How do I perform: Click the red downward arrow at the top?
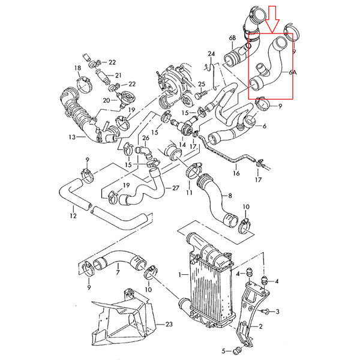(x=272, y=20)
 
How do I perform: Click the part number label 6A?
(x=293, y=73)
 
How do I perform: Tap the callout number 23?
(x=169, y=324)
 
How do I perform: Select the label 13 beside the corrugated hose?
(x=72, y=137)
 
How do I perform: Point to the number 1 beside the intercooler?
(x=180, y=274)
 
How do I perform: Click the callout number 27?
(x=175, y=188)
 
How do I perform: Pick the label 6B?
(x=232, y=38)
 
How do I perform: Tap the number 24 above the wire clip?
(x=211, y=54)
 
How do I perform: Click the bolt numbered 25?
(x=200, y=94)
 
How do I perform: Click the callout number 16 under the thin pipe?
(x=236, y=173)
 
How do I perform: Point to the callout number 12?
(x=73, y=215)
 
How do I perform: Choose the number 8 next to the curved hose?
(x=230, y=196)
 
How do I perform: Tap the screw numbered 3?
(x=265, y=311)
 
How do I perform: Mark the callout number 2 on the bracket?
(x=260, y=326)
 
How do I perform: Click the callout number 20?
(x=106, y=100)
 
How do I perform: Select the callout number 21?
(x=118, y=76)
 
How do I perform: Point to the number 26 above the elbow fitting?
(x=146, y=138)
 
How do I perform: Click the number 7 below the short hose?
(x=118, y=272)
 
